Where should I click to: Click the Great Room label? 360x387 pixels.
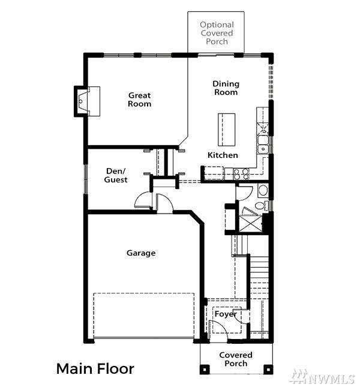tap(139, 100)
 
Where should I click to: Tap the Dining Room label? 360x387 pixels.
tap(226, 88)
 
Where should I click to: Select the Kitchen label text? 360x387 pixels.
tap(223, 155)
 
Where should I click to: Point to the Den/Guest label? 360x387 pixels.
tap(116, 175)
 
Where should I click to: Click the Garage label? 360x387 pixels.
tap(141, 253)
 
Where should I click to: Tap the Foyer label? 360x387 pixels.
tap(226, 314)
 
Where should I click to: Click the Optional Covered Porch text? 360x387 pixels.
tap(217, 33)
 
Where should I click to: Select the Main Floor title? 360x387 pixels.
tap(95, 369)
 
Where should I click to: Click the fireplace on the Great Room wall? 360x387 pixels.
tap(87, 101)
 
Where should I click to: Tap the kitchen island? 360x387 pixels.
tap(226, 130)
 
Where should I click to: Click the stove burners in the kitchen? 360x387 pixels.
tap(241, 174)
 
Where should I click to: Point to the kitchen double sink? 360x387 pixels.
tap(263, 145)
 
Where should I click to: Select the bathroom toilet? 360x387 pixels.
tap(260, 206)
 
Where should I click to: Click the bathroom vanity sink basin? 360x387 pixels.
tap(263, 190)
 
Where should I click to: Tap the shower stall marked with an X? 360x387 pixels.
tap(250, 224)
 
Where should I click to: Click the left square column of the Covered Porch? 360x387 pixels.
tap(205, 370)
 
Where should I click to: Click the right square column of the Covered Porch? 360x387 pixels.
tap(268, 370)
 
